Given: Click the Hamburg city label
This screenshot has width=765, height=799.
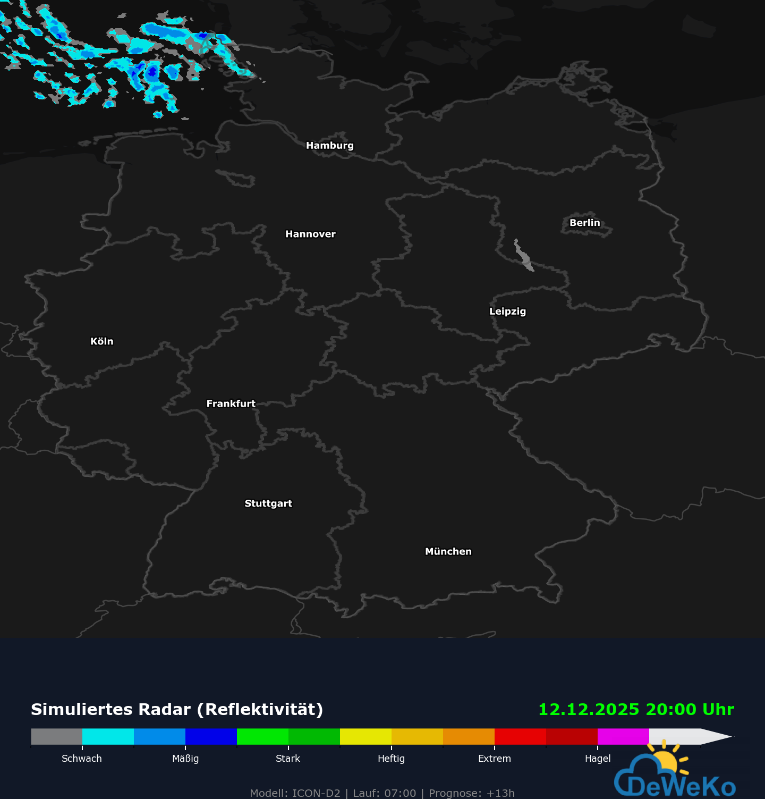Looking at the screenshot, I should click(329, 146).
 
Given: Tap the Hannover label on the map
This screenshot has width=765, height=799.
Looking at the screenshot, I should click(310, 234).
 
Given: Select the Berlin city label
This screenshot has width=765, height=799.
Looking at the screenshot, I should click(584, 223).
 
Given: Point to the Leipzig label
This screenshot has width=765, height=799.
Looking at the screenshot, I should click(507, 312).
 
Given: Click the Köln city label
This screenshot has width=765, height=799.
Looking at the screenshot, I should click(102, 341).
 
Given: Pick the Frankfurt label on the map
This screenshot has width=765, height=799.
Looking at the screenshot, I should click(231, 404).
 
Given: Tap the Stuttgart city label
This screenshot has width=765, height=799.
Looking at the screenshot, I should click(268, 503).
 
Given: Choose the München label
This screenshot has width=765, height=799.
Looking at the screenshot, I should click(448, 552).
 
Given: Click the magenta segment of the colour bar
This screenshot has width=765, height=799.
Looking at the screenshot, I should click(623, 737).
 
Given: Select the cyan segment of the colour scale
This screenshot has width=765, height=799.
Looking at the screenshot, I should click(108, 737).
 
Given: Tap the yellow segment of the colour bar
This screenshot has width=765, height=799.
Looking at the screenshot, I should click(365, 737).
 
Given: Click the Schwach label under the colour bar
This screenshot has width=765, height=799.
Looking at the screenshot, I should click(82, 759).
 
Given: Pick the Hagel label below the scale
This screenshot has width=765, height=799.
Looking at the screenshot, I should click(598, 759).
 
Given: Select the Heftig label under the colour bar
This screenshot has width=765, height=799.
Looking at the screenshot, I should click(391, 759).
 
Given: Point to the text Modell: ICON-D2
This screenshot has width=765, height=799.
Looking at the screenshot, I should click(295, 793).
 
